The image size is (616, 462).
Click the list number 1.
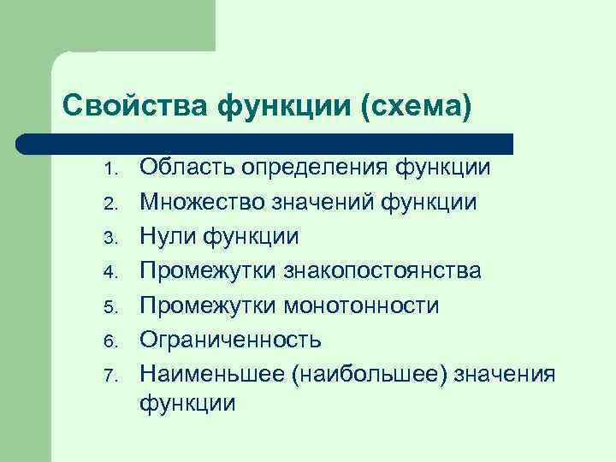coord(110,169)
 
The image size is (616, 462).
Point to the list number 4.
coord(110,272)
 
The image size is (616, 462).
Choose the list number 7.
coord(110,375)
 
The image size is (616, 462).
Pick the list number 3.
coord(110,238)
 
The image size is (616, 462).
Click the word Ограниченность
coord(231,340)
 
